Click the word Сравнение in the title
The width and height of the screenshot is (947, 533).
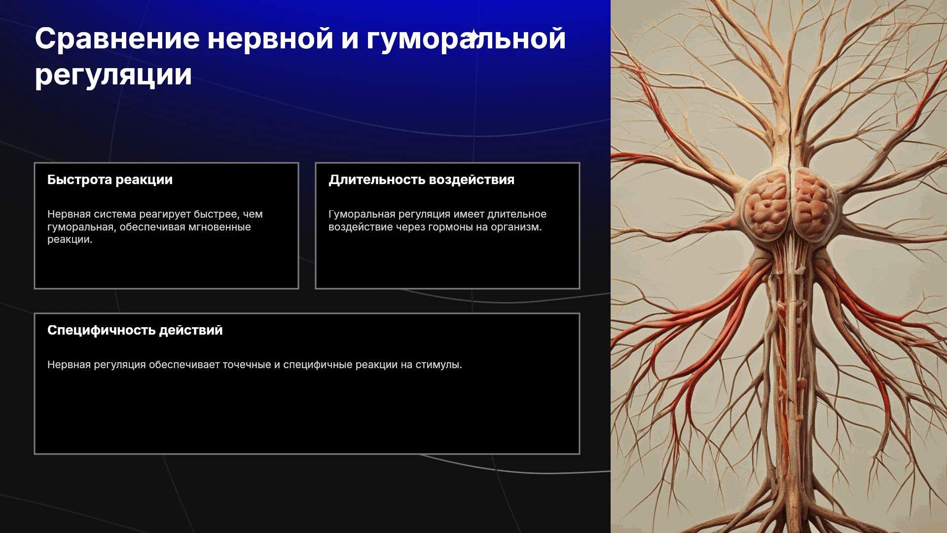117,38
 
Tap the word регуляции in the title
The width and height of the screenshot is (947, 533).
113,76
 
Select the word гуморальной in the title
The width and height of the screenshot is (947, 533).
466,39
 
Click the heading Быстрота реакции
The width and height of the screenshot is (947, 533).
110,180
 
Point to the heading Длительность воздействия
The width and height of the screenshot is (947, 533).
422,180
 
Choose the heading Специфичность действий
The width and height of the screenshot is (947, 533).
135,330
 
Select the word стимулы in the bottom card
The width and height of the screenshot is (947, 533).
438,365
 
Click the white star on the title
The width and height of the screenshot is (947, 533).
473,35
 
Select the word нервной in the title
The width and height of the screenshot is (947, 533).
270,39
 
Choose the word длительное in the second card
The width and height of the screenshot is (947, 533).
517,215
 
